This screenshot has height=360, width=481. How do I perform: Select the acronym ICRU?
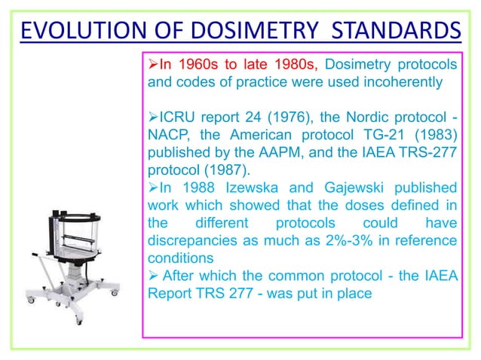[x=176, y=120]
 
